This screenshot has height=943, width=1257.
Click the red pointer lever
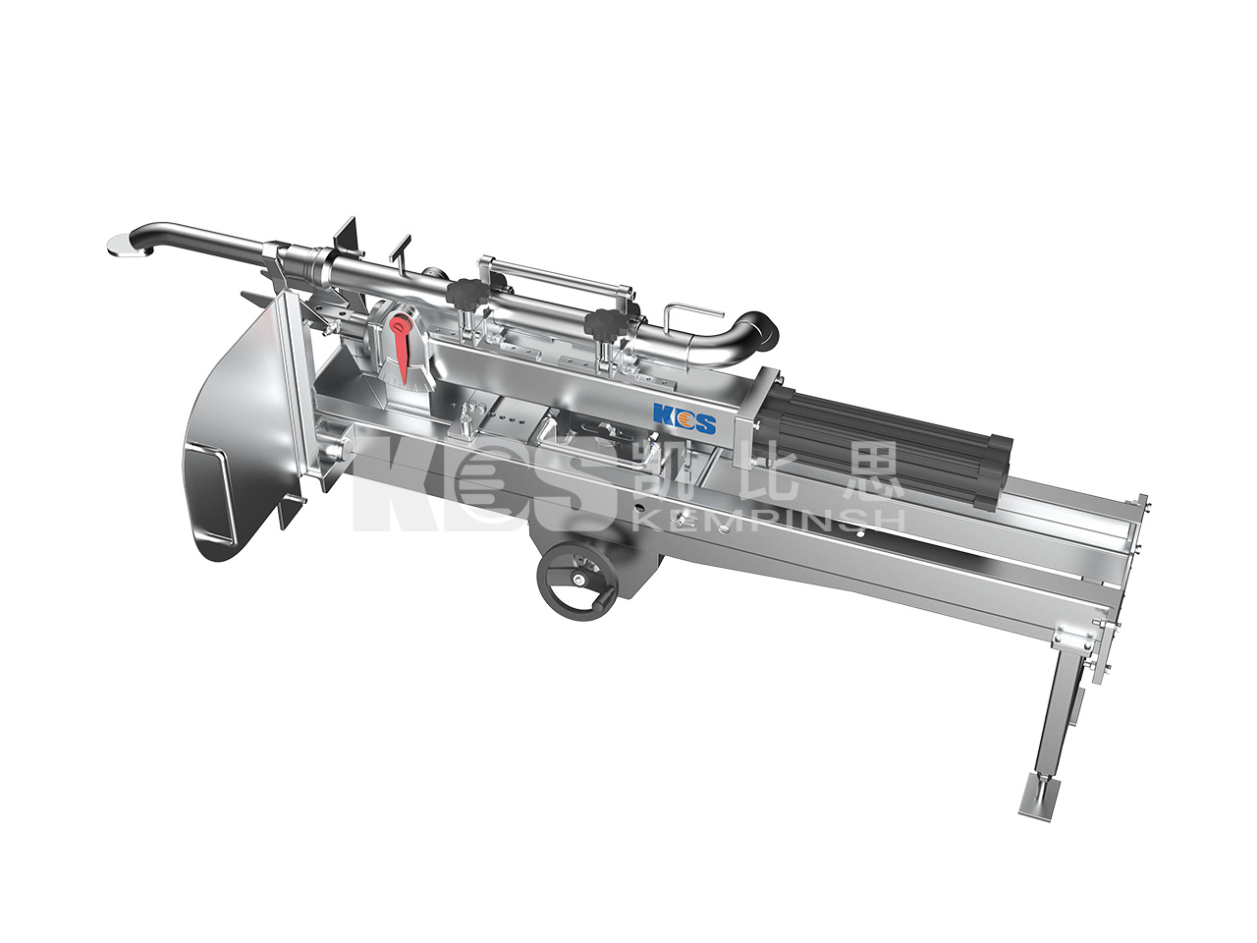click(x=401, y=350)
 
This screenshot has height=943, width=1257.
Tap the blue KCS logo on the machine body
click(x=684, y=419)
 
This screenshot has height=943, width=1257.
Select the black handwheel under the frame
click(x=578, y=580)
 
